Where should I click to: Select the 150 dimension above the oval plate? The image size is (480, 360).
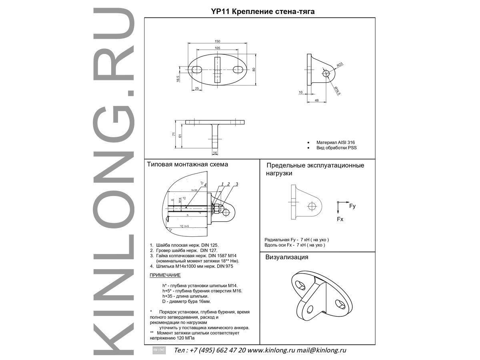point(217,41)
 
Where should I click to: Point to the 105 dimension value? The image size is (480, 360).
point(217,48)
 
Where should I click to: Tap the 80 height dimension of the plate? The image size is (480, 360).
point(254,69)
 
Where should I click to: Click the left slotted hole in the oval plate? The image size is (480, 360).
point(198,69)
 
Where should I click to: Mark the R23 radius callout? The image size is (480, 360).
point(339,64)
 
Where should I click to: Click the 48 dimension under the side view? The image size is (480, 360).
point(317,101)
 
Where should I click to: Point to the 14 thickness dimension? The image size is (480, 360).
point(215,153)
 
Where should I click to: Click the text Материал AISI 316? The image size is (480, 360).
point(336,142)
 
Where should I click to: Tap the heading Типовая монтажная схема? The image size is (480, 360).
point(187,164)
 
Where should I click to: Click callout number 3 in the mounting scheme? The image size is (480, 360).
point(237,184)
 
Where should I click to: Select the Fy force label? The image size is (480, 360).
point(352,206)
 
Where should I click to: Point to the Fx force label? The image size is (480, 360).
point(340,219)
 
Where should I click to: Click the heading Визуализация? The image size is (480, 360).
point(287,257)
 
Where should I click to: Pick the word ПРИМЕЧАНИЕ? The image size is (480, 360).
point(165,275)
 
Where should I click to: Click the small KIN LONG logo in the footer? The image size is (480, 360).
point(159,350)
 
